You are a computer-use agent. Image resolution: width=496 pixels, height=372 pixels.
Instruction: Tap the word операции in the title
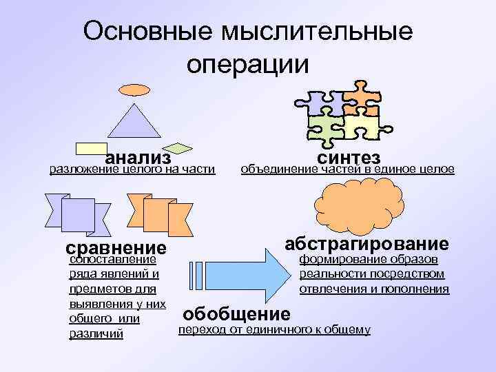point(248,63)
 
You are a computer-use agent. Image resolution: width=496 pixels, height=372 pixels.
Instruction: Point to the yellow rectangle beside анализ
point(90,147)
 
